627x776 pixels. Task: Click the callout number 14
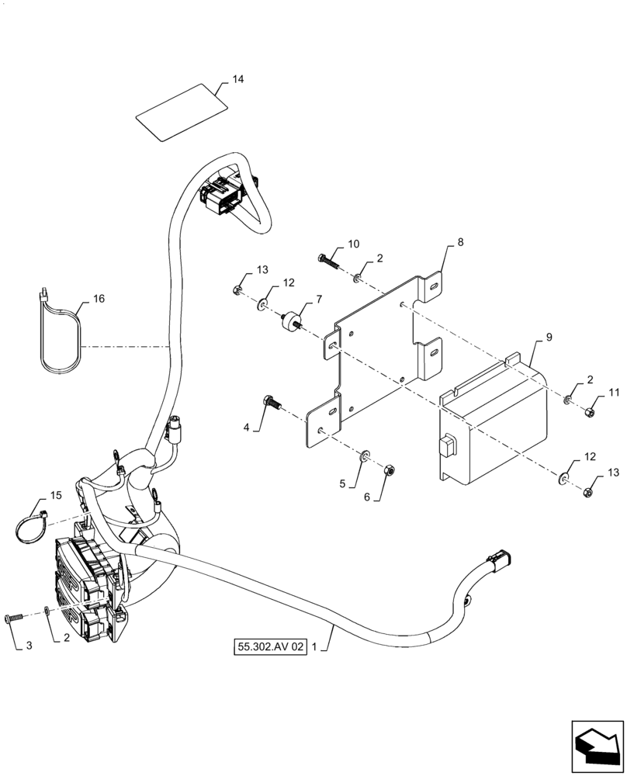[x=237, y=80]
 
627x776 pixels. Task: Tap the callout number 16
[x=99, y=299]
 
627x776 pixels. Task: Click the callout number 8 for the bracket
[x=460, y=242]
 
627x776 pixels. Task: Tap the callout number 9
[x=549, y=337]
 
